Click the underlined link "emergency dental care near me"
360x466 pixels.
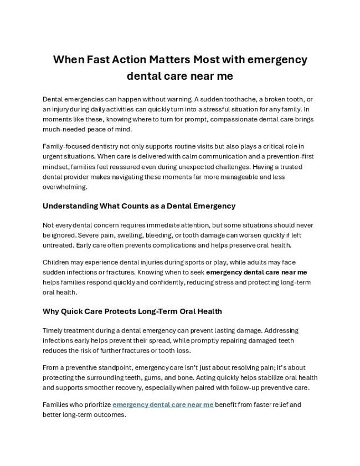163,405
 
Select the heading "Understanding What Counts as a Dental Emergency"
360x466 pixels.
139,206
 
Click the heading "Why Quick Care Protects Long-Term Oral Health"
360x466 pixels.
132,311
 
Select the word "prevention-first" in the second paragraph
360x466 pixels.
288,156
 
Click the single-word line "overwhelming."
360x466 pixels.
65,187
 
